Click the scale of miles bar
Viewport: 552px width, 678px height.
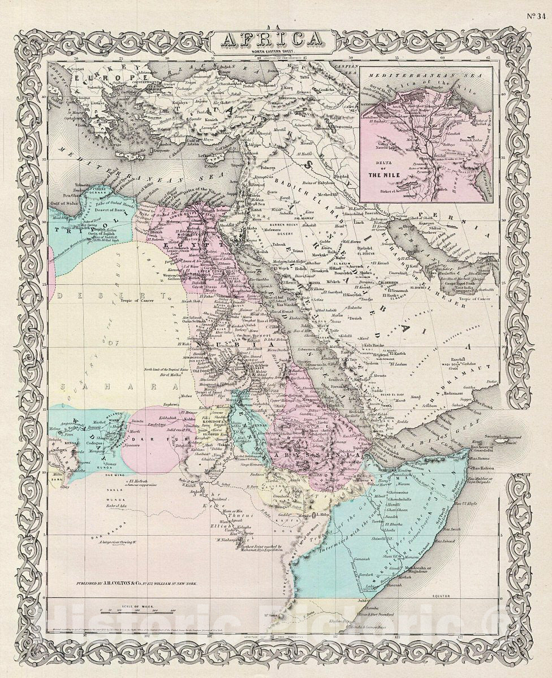tap(136, 611)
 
